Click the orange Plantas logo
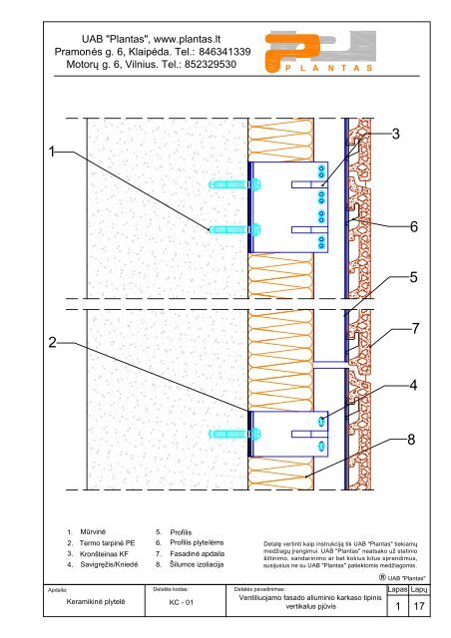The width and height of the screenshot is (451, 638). (320, 52)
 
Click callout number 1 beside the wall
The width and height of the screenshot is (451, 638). (52, 152)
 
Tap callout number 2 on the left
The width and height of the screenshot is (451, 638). (52, 342)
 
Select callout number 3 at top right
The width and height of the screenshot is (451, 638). (395, 134)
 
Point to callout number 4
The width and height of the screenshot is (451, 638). (413, 385)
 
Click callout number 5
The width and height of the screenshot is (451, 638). (413, 277)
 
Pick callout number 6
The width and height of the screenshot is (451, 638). (413, 226)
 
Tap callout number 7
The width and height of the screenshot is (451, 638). (415, 328)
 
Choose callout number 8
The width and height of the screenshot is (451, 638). (411, 439)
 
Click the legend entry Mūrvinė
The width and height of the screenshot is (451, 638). (93, 531)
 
